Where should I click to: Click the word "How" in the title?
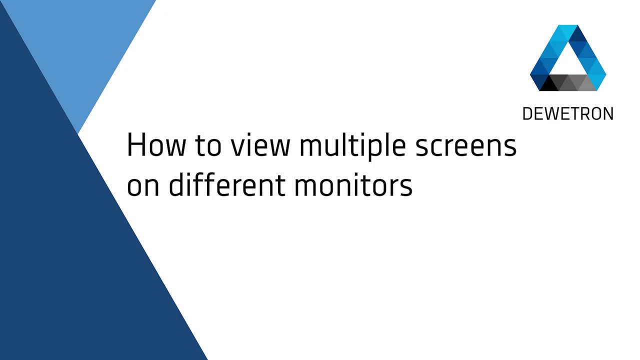pyautogui.click(x=155, y=145)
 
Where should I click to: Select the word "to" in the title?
pyautogui.click(x=208, y=145)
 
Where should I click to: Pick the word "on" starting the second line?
pyautogui.click(x=143, y=185)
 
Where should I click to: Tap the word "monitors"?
pyautogui.click(x=353, y=185)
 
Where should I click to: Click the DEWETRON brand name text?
pyautogui.click(x=567, y=114)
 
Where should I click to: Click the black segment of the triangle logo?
pyautogui.click(x=549, y=83)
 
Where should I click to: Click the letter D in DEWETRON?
pyautogui.click(x=527, y=114)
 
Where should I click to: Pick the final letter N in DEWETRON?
pyautogui.click(x=608, y=114)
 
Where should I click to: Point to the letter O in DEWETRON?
pyautogui.click(x=595, y=114)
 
